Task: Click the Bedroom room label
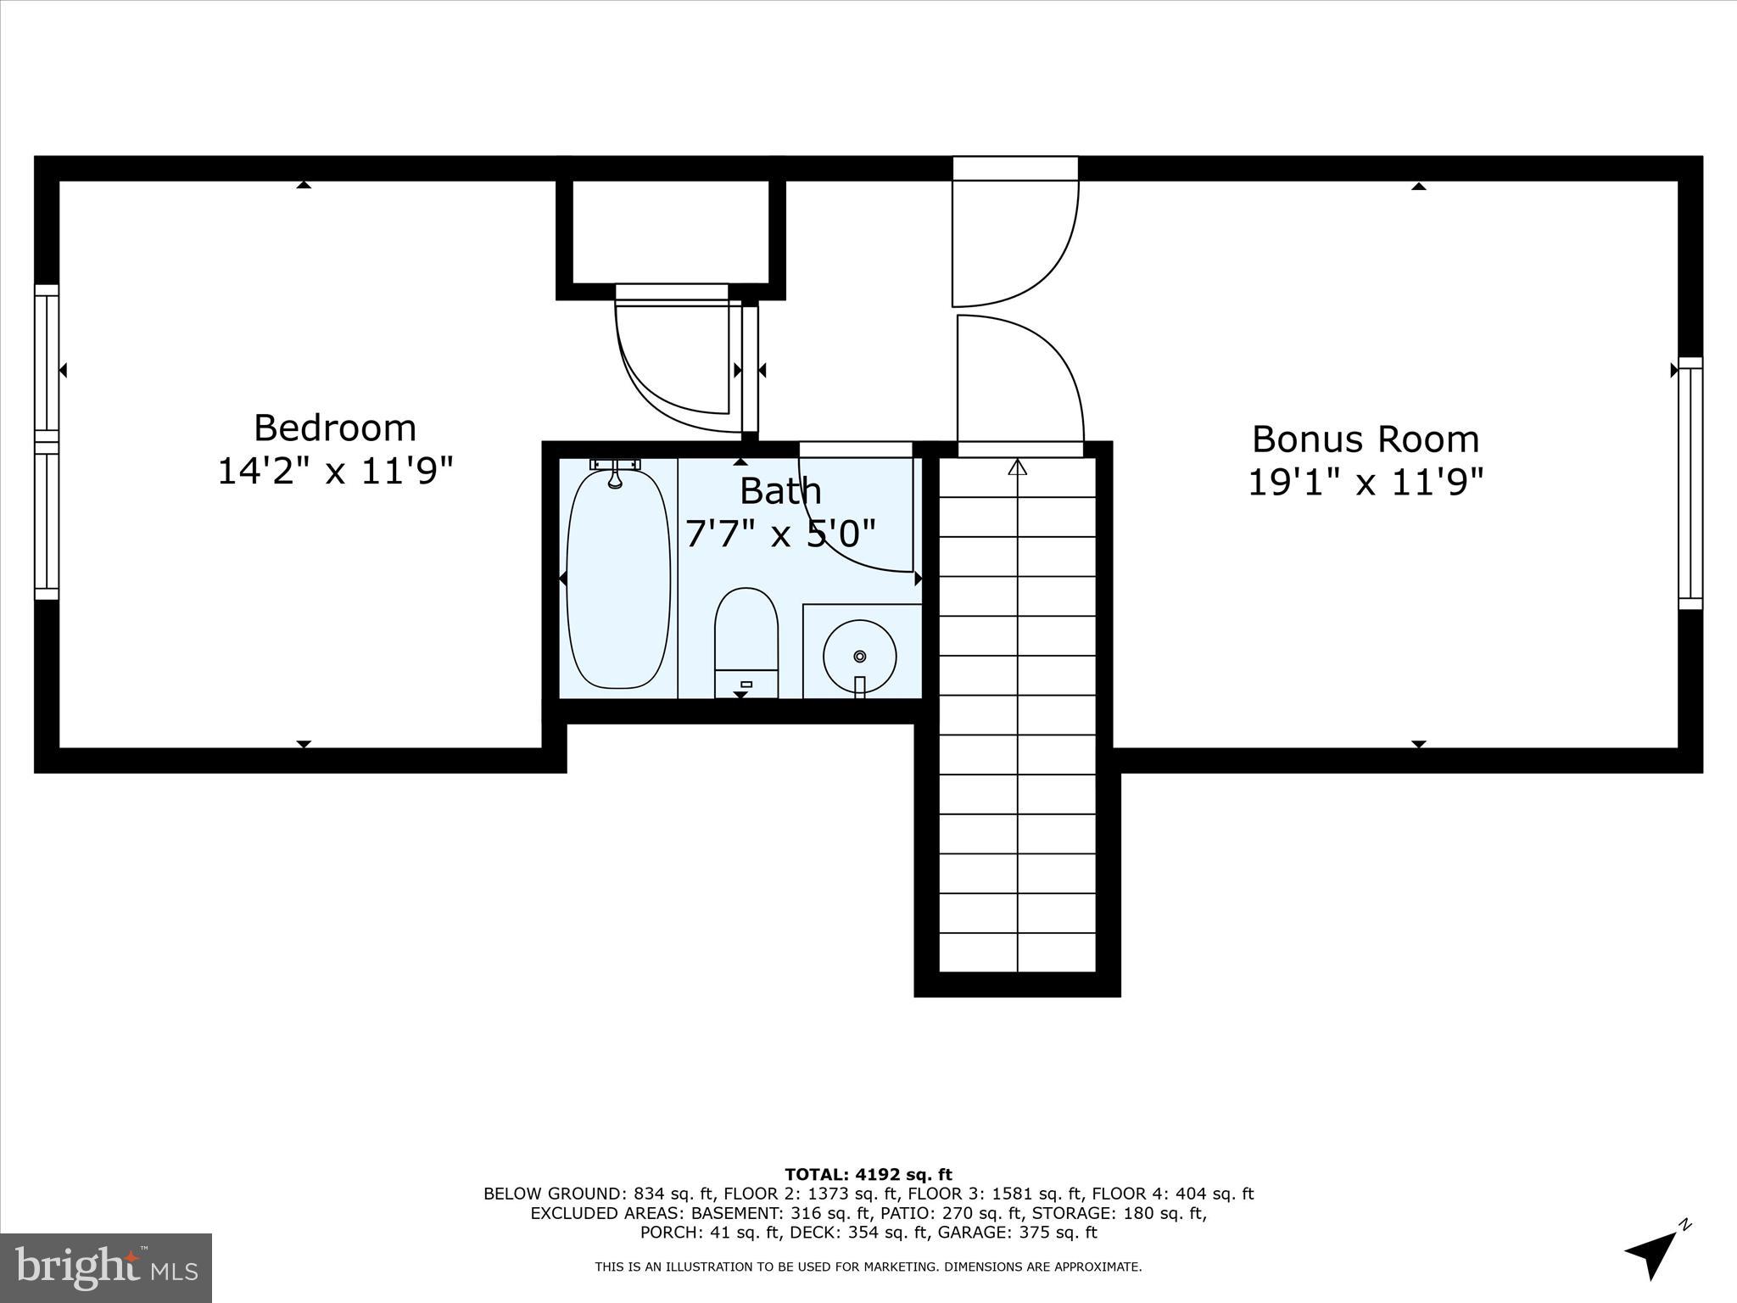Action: (x=335, y=428)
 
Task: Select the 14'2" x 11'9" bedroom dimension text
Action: (x=335, y=471)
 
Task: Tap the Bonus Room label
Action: (x=1366, y=439)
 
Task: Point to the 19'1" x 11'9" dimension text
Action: (x=1366, y=483)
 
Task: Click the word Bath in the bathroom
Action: (x=780, y=491)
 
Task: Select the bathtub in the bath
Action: (x=618, y=579)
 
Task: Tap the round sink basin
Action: (x=859, y=656)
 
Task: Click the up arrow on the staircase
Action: (x=1017, y=467)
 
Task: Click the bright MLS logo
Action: (x=106, y=1267)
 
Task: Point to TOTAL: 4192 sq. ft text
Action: (x=868, y=1174)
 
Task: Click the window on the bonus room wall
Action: (x=1690, y=484)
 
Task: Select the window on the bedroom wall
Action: (x=47, y=441)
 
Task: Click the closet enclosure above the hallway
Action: (x=671, y=232)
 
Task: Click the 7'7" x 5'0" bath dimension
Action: (x=780, y=534)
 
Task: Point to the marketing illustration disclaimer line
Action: (x=868, y=1267)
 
